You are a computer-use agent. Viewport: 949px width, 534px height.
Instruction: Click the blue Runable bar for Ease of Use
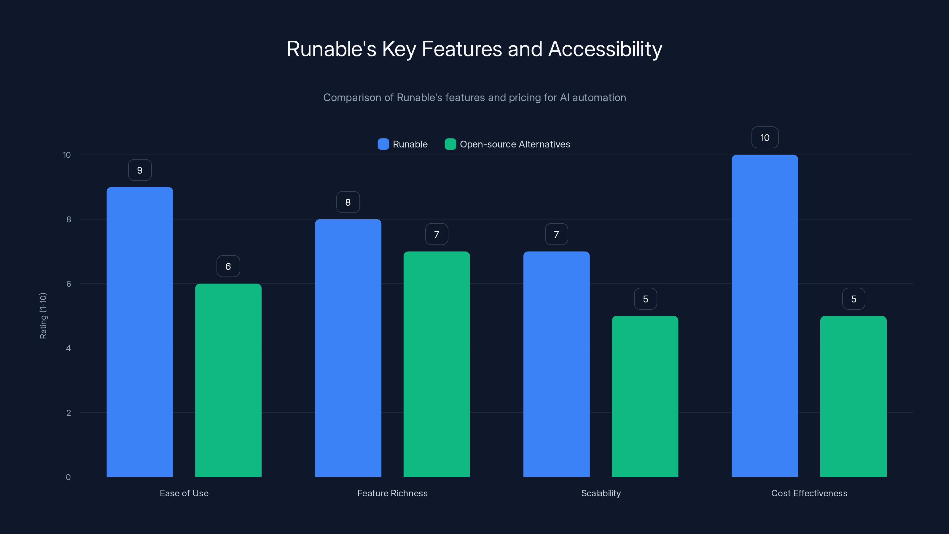(140, 332)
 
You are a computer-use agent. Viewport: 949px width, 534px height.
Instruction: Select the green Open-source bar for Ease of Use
(228, 380)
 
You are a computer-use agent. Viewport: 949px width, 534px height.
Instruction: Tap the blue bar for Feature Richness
(348, 348)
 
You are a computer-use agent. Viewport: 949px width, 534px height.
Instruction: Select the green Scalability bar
(645, 396)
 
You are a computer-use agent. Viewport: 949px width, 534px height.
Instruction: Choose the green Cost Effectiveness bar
(853, 396)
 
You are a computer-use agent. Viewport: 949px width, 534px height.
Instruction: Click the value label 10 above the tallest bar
(765, 137)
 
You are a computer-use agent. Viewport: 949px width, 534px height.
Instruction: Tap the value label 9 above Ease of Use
(140, 170)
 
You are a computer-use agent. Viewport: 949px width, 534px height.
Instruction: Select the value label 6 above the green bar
(228, 266)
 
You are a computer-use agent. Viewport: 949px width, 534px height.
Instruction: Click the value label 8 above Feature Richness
(348, 202)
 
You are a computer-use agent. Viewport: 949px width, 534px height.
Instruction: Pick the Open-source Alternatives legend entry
(507, 144)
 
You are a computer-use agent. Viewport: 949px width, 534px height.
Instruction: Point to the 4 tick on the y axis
(68, 348)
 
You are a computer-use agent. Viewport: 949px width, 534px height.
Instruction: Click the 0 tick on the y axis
(68, 477)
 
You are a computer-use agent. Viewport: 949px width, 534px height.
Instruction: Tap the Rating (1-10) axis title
(43, 316)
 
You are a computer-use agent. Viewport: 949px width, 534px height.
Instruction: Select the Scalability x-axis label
(601, 493)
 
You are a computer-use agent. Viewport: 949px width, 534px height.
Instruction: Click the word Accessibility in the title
(605, 49)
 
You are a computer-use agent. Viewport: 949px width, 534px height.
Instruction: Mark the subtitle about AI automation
(474, 98)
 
